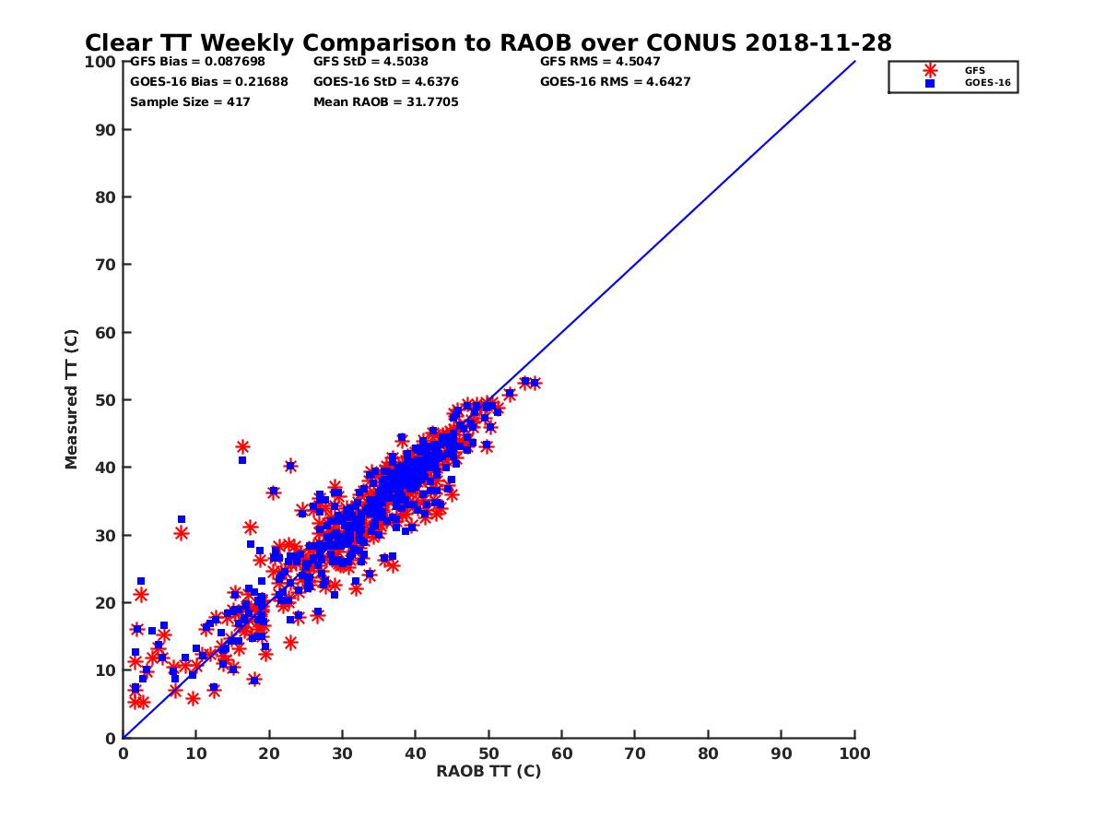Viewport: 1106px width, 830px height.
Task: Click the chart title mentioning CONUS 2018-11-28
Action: pos(488,43)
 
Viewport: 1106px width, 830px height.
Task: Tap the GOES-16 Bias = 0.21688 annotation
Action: pos(208,82)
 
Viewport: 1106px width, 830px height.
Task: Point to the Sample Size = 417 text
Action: pos(190,102)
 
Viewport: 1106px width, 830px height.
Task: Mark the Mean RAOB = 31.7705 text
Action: pos(385,102)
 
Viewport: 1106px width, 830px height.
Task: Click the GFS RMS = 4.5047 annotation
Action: pos(600,62)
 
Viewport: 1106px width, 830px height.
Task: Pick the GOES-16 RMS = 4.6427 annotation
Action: pos(615,82)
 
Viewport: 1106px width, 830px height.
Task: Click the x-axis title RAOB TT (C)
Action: pos(488,771)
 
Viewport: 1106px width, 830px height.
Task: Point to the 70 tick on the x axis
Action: pos(635,753)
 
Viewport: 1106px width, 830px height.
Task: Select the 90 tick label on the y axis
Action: pos(106,129)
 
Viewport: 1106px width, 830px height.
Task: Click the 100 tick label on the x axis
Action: pos(854,753)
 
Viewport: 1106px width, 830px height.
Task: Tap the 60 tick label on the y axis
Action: pos(106,332)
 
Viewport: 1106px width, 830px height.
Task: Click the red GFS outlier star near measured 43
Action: pos(242,447)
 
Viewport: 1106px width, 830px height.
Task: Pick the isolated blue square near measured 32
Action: pos(182,519)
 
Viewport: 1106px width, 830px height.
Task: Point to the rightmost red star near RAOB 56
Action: pos(534,383)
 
